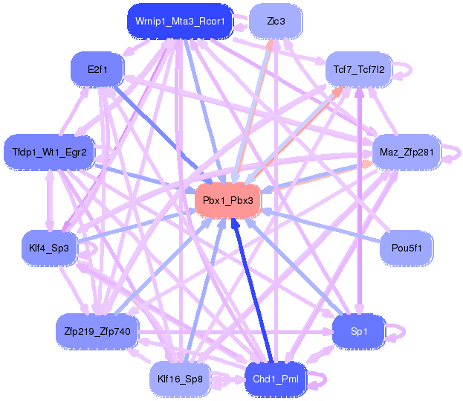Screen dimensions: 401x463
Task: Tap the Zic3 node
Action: pos(276,22)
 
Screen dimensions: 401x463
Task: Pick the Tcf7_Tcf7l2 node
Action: pos(360,70)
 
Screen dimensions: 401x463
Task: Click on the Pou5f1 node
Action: pos(405,248)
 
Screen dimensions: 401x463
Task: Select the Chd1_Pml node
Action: pos(275,379)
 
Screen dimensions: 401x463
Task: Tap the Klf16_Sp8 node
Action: pos(181,379)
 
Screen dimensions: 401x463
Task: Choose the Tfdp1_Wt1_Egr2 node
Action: pos(49,153)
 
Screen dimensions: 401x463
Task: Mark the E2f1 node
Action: pos(97,70)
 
